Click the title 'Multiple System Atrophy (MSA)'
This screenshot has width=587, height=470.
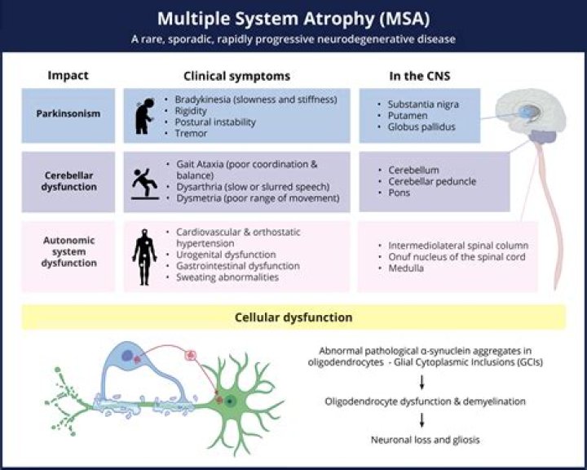point(293,18)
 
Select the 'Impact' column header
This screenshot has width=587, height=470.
point(68,76)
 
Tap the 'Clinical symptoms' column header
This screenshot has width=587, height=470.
point(236,76)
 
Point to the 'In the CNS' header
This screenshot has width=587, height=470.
point(419,76)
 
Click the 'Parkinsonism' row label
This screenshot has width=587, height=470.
point(68,113)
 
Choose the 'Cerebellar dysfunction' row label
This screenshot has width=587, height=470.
point(68,181)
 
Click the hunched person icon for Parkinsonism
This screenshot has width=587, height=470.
point(143,116)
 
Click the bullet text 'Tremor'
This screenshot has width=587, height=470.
point(192,134)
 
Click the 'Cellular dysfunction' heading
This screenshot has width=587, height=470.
point(293,317)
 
